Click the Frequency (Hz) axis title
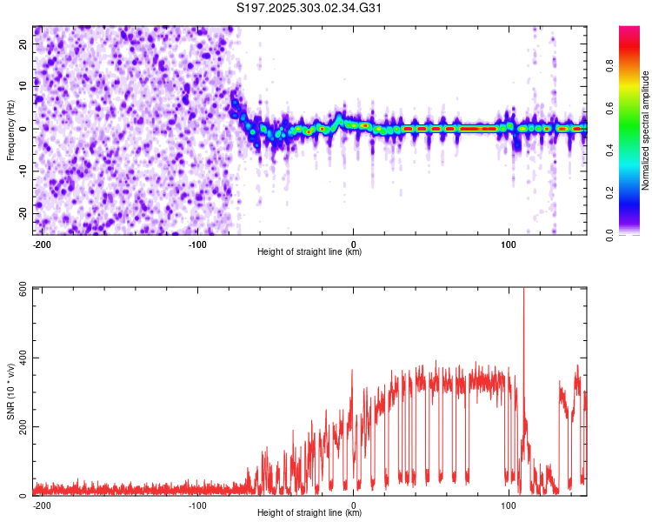(10, 130)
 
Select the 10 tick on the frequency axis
(24, 86)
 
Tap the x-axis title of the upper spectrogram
(309, 252)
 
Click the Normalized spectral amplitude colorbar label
(646, 130)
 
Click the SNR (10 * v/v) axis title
(10, 391)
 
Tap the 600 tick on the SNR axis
(19, 290)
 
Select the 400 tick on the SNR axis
(19, 358)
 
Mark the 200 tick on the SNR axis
(19, 426)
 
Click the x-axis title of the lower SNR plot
(309, 513)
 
